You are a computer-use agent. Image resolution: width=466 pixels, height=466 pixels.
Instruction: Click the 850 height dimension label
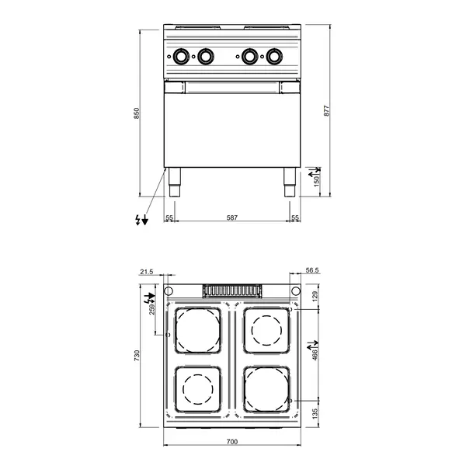137,113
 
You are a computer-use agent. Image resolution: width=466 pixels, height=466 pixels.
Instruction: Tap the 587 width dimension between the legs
231,217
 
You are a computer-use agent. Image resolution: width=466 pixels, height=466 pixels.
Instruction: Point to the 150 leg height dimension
316,179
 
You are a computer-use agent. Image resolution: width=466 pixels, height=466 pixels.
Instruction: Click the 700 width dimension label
232,441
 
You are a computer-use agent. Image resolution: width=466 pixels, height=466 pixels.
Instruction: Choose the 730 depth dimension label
137,356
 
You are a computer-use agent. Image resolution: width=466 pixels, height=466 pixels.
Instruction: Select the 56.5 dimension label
313,271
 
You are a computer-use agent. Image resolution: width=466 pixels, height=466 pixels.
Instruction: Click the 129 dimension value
315,296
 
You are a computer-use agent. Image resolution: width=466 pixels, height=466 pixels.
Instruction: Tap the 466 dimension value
315,353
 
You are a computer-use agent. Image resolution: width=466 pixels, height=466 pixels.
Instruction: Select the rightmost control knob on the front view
275,56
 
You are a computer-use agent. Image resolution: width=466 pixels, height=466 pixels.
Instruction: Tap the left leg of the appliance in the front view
173,182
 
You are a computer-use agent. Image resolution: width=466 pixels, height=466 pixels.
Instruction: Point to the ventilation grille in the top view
231,290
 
